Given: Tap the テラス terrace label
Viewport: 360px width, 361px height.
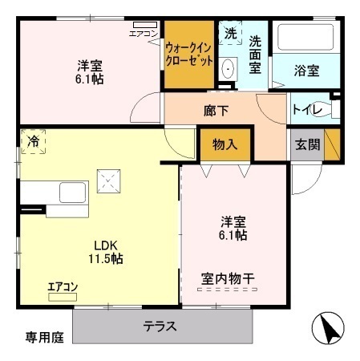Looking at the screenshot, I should [x=160, y=327].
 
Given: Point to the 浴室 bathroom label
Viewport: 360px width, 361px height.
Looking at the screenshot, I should [x=306, y=71].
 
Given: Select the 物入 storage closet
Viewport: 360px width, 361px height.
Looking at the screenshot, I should [x=224, y=145].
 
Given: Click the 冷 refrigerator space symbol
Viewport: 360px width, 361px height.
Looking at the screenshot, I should [x=33, y=141].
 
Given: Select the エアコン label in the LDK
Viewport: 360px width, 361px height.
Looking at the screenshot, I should [x=63, y=286].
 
